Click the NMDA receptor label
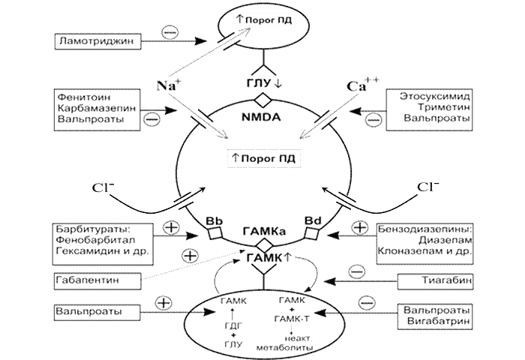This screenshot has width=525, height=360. click(x=262, y=118)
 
